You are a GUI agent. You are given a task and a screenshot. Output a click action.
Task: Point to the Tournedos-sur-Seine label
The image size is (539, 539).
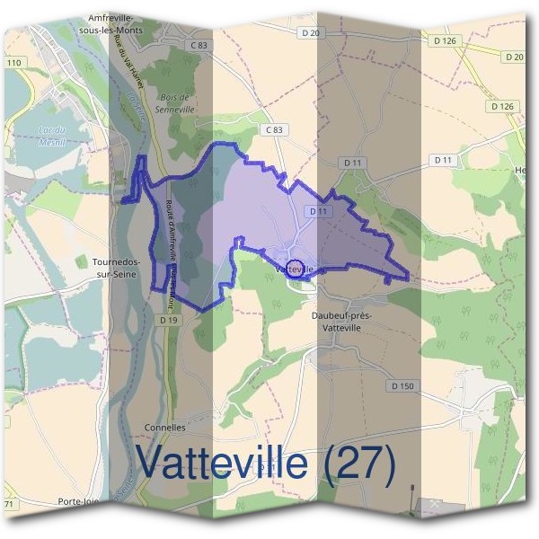click(x=115, y=268)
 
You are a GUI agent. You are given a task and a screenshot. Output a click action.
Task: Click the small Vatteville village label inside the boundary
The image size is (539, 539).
click(x=295, y=269)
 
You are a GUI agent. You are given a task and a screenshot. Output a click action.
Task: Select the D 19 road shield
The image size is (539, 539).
click(x=166, y=320)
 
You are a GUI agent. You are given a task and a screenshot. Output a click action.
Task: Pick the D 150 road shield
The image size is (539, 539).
click(x=403, y=385)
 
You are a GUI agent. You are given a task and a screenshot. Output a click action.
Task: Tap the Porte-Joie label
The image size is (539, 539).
click(x=78, y=501)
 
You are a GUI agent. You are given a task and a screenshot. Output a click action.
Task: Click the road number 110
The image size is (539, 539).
click(x=13, y=62)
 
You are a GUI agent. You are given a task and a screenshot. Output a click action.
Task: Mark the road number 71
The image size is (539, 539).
click(x=9, y=505)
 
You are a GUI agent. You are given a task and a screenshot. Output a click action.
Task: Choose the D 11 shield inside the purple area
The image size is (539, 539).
click(x=315, y=211)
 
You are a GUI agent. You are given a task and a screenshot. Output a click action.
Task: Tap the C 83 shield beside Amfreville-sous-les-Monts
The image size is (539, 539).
click(x=199, y=45)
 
